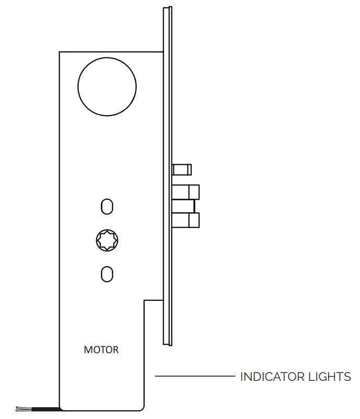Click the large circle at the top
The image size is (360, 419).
tap(107, 86)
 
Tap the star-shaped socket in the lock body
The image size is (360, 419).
tap(107, 240)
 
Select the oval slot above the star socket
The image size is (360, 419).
tap(107, 207)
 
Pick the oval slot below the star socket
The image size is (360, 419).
tap(107, 274)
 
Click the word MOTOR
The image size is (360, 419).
tap(101, 349)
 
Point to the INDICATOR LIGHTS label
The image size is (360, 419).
tap(295, 377)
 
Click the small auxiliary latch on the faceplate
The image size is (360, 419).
tap(182, 169)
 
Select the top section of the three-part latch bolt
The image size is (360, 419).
tap(186, 191)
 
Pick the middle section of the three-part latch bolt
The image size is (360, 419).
tap(183, 206)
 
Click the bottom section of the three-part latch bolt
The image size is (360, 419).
tap(186, 220)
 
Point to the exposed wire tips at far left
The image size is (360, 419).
tap(21, 408)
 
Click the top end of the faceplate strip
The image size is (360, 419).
tap(167, 9)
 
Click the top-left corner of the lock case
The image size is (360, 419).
tap(60, 52)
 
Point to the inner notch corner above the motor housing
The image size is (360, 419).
tap(145, 300)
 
